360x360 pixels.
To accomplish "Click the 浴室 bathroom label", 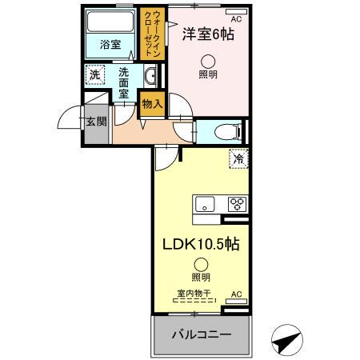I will pos(110,45).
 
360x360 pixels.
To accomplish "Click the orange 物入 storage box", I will pos(152,102).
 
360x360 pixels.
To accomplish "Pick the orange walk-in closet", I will pos(150,33).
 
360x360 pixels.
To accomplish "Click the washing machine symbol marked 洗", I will pos(95,74).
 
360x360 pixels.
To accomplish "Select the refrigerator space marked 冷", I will pos(238,158).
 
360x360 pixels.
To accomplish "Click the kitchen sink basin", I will pos(205,203).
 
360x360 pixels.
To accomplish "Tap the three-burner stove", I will pos(236,203).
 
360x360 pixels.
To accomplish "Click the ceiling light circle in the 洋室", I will pos(209,59).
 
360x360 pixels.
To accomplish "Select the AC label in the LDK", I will pos(237,295).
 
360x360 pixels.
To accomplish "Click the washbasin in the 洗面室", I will pos(150,77).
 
